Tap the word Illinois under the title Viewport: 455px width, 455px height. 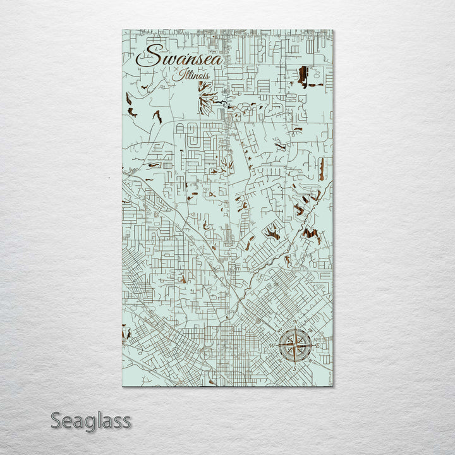[x=193, y=76]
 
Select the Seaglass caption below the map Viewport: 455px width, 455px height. [x=90, y=420]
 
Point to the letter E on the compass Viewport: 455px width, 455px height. [x=317, y=346]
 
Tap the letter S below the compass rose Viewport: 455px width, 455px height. [x=294, y=368]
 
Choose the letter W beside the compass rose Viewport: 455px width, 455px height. [x=272, y=346]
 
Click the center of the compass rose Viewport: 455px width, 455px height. [x=294, y=346]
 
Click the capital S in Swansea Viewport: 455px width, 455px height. [x=147, y=57]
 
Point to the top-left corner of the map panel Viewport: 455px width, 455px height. [x=121, y=30]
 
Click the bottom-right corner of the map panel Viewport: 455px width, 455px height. [x=332, y=385]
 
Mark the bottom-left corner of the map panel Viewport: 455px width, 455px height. [x=121, y=385]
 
